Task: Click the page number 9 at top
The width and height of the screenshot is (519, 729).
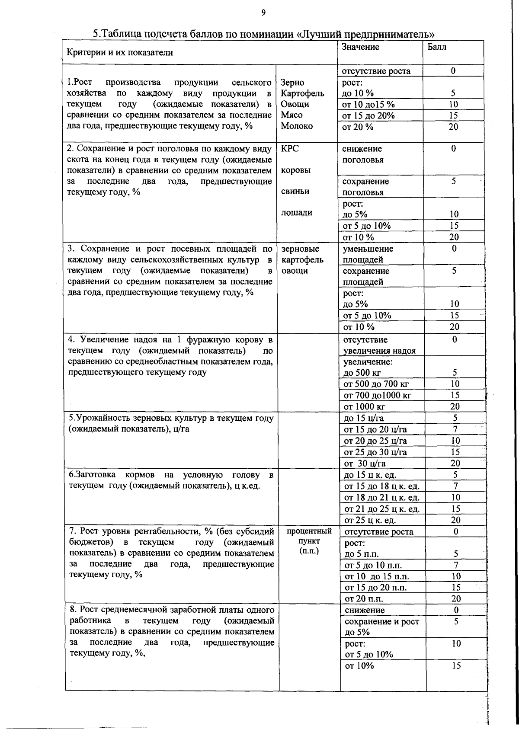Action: click(x=263, y=13)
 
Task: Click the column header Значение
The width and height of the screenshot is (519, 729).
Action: click(x=360, y=47)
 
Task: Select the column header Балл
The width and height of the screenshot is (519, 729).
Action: click(x=437, y=47)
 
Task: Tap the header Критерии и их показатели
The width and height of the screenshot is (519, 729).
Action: click(x=120, y=53)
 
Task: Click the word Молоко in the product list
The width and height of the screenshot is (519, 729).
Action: click(x=297, y=126)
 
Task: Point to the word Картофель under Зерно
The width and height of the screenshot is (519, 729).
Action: click(x=302, y=93)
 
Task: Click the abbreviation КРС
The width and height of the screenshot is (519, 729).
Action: click(x=290, y=149)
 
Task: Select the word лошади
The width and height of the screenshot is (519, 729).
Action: click(x=297, y=213)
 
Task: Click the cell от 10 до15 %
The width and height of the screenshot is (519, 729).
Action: click(x=368, y=104)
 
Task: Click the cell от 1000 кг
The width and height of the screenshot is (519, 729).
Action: click(x=364, y=406)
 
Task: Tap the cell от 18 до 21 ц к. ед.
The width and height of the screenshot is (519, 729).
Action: click(x=381, y=498)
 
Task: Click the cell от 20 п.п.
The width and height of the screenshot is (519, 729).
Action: click(x=364, y=599)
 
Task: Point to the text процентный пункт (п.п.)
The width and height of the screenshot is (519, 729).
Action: click(x=309, y=541)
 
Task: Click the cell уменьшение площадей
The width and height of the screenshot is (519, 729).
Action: click(x=368, y=254)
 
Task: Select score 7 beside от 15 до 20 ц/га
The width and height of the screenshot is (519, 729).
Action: click(x=455, y=429)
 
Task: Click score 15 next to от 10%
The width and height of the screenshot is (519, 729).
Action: click(x=456, y=666)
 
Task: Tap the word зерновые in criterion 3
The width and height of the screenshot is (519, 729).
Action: click(x=300, y=249)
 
